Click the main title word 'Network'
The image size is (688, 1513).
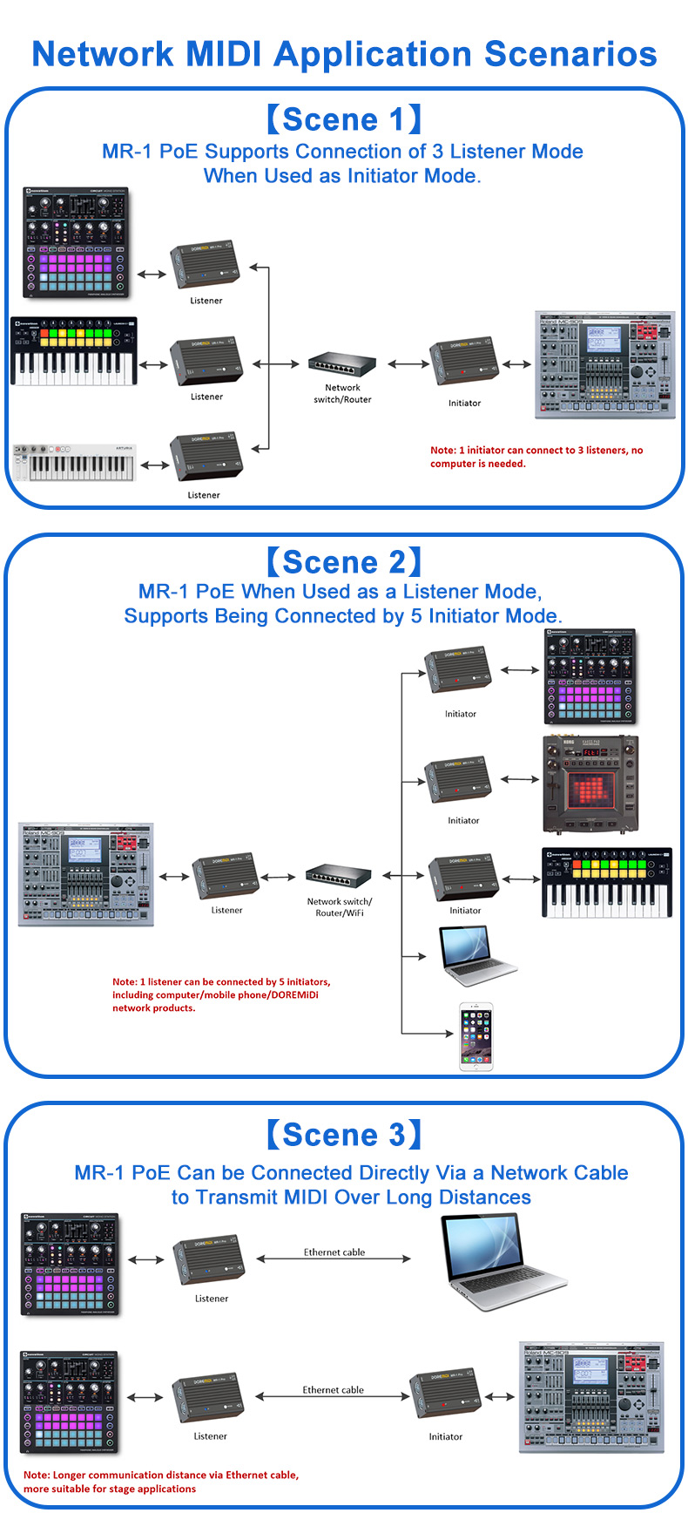click(x=103, y=54)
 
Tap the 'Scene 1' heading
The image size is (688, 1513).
click(x=343, y=119)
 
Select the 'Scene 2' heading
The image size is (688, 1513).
click(x=343, y=562)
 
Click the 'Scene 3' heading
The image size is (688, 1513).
click(x=343, y=1135)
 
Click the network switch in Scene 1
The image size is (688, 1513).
click(x=342, y=364)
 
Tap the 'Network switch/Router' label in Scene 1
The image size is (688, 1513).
click(x=342, y=394)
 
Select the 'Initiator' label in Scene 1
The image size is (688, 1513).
click(x=464, y=404)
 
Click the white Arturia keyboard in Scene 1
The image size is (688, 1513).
click(x=75, y=463)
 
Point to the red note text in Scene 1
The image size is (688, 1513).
click(x=536, y=457)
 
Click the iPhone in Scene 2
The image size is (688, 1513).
click(x=476, y=1036)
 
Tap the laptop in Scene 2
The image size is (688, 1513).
click(x=477, y=957)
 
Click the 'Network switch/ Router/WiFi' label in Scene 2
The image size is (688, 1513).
click(x=340, y=907)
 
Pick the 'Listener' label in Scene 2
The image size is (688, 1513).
click(x=226, y=910)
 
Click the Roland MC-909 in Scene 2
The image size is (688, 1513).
click(x=86, y=874)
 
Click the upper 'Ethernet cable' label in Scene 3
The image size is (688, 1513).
click(x=334, y=1252)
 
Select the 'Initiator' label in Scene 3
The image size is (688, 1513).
click(x=446, y=1436)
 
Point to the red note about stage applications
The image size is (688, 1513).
click(x=161, y=1482)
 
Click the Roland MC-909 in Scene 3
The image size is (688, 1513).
click(x=591, y=1397)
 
